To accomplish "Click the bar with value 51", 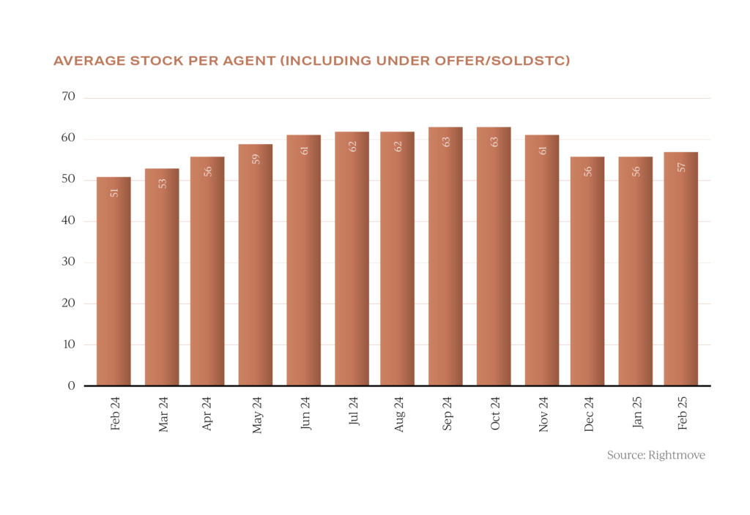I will [x=114, y=282].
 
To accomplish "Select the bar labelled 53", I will [x=162, y=278].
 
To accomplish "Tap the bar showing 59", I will [x=256, y=265].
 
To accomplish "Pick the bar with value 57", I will [x=680, y=269].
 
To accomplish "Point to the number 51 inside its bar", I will [x=114, y=193].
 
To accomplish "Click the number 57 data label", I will [x=681, y=167].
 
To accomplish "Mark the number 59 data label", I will [x=256, y=159].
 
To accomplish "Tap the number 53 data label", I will [x=163, y=184].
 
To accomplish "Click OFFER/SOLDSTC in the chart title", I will [x=505, y=61].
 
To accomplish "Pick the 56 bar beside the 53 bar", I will [x=207, y=271].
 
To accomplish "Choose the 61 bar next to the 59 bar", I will [x=303, y=260].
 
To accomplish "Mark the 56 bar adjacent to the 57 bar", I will [x=635, y=271].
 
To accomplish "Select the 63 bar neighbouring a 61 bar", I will [x=494, y=256].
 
